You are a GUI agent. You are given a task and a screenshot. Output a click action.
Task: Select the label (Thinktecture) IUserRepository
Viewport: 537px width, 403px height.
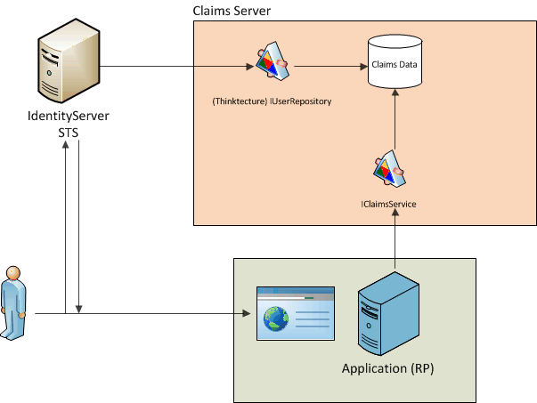(x=272, y=101)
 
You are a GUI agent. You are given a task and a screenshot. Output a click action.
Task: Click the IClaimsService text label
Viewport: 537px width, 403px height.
(x=389, y=205)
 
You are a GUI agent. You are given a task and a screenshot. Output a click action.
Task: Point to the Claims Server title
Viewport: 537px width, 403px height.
(x=232, y=10)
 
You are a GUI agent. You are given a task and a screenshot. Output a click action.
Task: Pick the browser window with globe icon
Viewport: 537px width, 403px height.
(x=295, y=313)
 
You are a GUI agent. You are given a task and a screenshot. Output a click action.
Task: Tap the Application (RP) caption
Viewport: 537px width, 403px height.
(x=387, y=368)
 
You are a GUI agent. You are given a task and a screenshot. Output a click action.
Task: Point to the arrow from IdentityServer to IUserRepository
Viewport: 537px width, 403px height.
(x=178, y=65)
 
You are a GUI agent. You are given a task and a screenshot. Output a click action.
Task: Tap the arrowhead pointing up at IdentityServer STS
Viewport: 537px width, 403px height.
(x=66, y=148)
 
